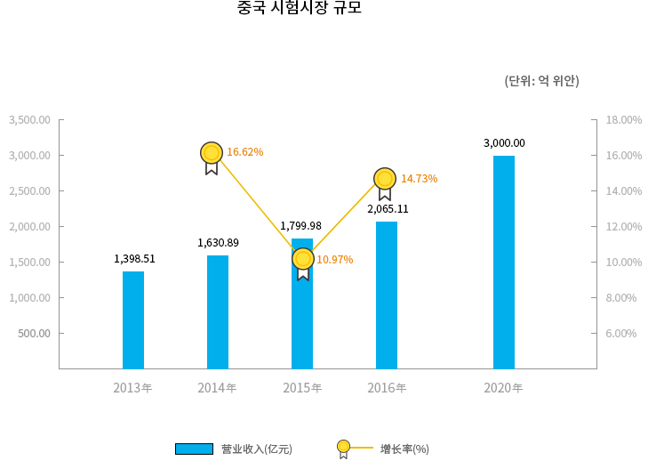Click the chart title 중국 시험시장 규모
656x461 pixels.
click(299, 9)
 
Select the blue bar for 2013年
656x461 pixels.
click(133, 319)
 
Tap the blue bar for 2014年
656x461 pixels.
click(218, 311)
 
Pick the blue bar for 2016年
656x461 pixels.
click(387, 295)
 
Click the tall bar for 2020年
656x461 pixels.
click(504, 262)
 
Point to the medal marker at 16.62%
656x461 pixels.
click(212, 154)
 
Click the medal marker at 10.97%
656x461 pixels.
click(303, 260)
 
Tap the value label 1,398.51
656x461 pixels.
click(134, 259)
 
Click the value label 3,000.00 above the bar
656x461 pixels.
click(504, 143)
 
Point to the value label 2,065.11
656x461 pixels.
click(388, 209)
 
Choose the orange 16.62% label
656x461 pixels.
click(244, 152)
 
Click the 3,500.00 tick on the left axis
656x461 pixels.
click(29, 120)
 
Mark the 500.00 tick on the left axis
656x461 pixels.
click(34, 334)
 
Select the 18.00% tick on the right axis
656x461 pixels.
click(623, 120)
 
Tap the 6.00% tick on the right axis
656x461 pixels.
click(621, 334)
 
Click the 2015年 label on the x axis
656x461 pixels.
click(302, 388)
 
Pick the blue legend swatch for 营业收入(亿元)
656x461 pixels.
click(194, 449)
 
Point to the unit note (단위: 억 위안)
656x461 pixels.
click(541, 81)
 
